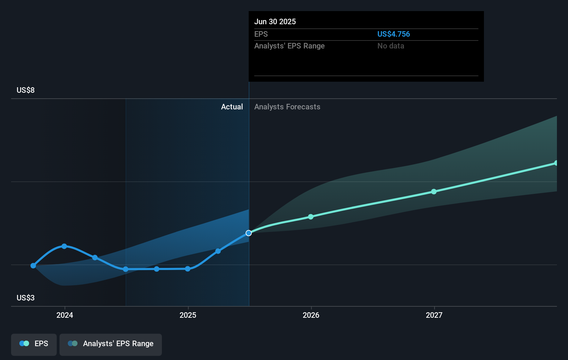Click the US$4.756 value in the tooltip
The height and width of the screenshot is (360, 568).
tap(393, 34)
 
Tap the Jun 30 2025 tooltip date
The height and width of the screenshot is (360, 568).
tap(275, 21)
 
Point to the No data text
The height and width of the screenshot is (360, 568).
tap(391, 46)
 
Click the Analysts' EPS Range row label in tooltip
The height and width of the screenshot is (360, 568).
tap(289, 46)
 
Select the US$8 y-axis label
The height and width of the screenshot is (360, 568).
tap(26, 90)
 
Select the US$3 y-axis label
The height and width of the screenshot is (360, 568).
tap(26, 298)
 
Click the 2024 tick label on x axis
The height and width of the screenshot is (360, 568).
tap(65, 315)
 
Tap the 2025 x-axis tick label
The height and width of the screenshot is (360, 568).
tap(188, 315)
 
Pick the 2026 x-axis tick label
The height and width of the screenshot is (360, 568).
tap(311, 315)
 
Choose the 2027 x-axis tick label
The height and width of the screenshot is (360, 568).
tap(434, 315)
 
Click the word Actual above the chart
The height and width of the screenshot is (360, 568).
tap(232, 107)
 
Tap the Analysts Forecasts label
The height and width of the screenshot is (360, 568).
tap(287, 107)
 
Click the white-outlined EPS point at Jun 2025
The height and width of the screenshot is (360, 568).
tap(249, 233)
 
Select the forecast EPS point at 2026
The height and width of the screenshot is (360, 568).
tap(311, 217)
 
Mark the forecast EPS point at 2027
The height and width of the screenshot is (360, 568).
tap(434, 191)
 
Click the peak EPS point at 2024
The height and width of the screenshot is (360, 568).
tap(64, 246)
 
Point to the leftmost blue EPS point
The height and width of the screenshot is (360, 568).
tap(33, 265)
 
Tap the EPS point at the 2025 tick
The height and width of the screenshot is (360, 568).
tap(187, 269)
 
